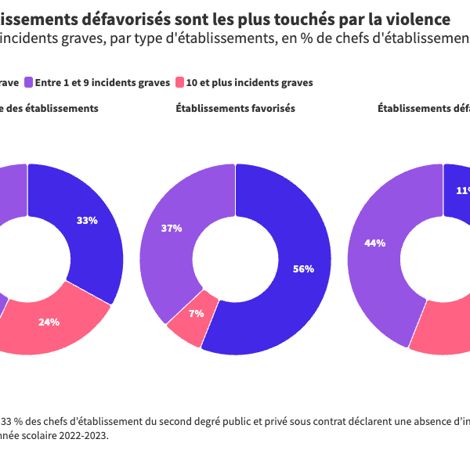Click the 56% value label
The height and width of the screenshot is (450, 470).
click(x=303, y=269)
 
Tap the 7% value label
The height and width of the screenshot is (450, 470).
click(x=196, y=314)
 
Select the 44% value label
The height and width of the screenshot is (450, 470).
click(x=374, y=243)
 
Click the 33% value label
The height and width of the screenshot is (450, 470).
click(x=87, y=221)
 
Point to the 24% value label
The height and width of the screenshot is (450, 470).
click(x=49, y=322)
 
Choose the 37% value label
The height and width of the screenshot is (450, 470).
click(x=172, y=229)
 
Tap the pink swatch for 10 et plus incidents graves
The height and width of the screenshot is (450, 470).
click(x=179, y=82)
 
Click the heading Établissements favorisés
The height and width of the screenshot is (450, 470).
click(x=235, y=109)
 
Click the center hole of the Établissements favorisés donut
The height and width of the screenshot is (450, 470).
click(x=235, y=258)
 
